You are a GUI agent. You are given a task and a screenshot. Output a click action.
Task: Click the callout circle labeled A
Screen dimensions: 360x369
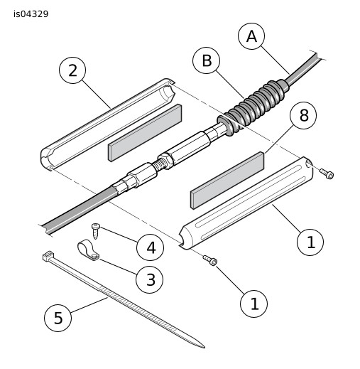tap(251, 36)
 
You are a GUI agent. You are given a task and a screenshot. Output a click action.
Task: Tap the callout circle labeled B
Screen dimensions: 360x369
tap(207, 60)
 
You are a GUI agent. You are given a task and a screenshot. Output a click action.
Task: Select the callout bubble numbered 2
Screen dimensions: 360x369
tap(72, 70)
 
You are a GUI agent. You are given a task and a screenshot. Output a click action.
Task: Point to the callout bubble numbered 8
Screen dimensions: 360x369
tap(303, 115)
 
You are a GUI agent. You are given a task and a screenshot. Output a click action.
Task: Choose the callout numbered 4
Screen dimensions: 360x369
tap(151, 247)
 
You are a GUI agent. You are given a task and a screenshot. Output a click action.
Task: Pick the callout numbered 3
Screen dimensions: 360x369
tap(150, 279)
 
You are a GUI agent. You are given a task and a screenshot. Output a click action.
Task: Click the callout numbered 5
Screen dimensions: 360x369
tap(58, 318)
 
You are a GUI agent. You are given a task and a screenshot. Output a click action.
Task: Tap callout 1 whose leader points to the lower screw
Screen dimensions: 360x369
tap(254, 304)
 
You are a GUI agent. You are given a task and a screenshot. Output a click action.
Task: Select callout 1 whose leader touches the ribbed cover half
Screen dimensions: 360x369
tap(310, 242)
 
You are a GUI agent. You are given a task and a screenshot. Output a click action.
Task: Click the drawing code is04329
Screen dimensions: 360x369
tap(31, 14)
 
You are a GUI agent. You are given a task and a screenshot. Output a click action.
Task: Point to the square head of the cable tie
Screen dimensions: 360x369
tap(48, 256)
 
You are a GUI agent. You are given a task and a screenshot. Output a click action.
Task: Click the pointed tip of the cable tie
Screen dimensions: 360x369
tap(204, 348)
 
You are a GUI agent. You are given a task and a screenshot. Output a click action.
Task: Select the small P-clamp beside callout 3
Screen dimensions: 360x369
tap(88, 251)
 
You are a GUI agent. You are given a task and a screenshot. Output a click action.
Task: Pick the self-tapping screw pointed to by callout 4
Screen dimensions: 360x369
tap(96, 231)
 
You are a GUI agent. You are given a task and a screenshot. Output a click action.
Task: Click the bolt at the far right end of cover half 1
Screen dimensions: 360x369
tap(327, 173)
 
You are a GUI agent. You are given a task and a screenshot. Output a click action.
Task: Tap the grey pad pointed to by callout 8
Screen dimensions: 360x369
tap(227, 181)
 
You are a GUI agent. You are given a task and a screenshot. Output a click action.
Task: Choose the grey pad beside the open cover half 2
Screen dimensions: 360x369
tap(145, 133)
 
